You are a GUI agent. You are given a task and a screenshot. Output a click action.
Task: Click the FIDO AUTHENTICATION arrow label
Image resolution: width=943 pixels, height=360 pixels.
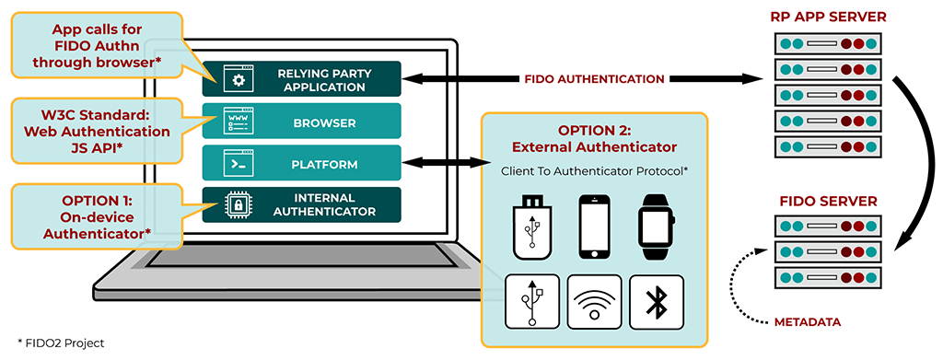click(x=593, y=79)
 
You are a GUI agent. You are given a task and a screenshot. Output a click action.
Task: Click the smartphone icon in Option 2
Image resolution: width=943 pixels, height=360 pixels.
click(x=593, y=226)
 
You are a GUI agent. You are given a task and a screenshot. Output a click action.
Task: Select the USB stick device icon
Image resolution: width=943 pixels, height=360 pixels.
click(x=532, y=226)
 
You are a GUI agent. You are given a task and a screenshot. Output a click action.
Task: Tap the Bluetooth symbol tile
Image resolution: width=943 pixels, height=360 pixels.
click(x=656, y=302)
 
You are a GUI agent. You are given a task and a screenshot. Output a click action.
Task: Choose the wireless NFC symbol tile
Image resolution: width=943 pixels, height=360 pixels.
click(x=594, y=302)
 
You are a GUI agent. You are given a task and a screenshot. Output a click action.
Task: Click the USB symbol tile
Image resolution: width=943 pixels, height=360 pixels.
click(x=532, y=302)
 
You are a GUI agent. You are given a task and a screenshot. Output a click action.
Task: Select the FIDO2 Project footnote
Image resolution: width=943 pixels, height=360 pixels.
click(x=55, y=343)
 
